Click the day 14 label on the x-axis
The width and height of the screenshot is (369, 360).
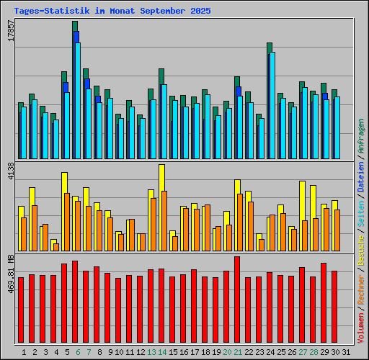162,352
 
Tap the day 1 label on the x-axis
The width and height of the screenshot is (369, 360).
24,352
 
